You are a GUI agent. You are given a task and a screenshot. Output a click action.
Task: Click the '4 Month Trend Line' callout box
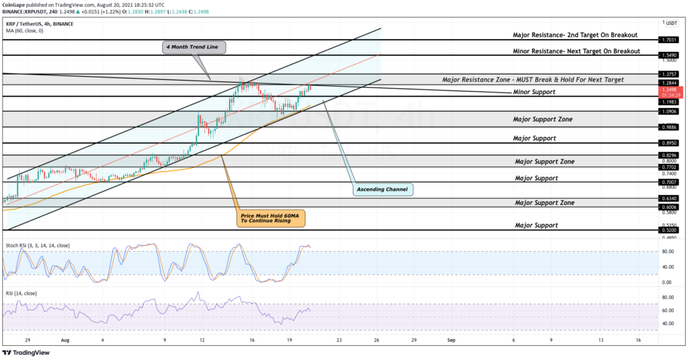coord(193,47)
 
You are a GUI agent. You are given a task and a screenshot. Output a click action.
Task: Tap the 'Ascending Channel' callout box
coord(382,190)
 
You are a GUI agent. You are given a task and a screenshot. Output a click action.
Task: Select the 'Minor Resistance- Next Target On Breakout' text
coord(576,51)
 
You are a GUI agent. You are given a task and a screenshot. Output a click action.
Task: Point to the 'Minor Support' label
coord(534,91)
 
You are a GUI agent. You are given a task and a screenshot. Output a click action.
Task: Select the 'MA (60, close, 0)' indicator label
coord(25,31)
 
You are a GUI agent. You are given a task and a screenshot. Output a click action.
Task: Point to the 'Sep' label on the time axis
coord(451,341)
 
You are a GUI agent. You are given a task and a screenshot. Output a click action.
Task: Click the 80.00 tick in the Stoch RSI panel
coord(669,252)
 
